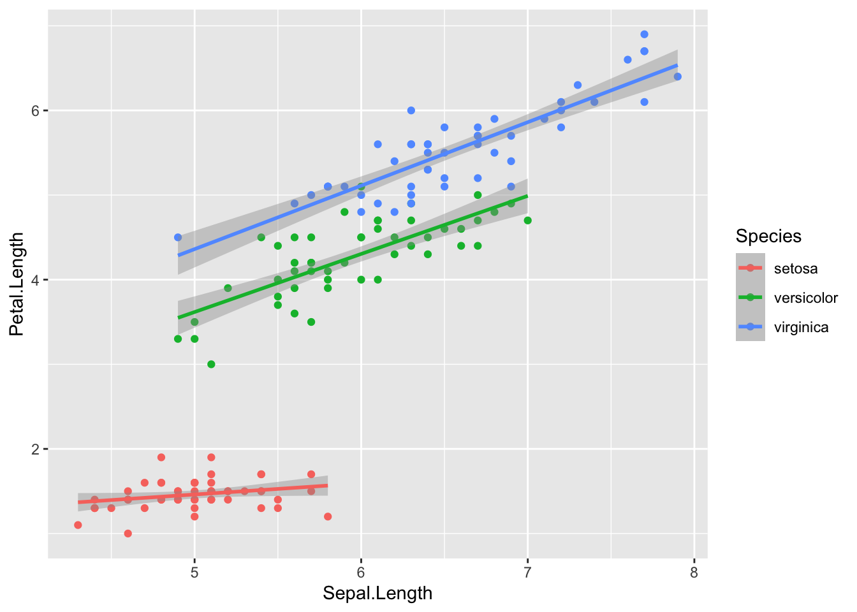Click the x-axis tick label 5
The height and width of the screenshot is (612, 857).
click(x=194, y=572)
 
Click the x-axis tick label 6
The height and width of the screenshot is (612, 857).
click(x=361, y=572)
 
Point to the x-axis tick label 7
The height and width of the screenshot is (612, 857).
click(x=527, y=572)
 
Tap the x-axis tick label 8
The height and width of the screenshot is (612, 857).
click(x=694, y=572)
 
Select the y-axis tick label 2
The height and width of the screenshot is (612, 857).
click(x=36, y=449)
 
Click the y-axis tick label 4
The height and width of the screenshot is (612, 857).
click(x=36, y=280)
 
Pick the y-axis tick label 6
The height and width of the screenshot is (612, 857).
click(x=36, y=110)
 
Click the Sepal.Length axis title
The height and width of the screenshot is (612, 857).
click(x=377, y=594)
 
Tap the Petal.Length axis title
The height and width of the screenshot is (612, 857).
click(x=17, y=284)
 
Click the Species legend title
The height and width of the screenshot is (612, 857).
click(x=768, y=237)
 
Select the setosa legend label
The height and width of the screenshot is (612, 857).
click(x=795, y=268)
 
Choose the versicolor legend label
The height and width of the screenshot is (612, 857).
click(x=805, y=298)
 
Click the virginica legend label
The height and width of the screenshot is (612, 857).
click(x=801, y=328)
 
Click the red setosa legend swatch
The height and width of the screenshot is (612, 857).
click(x=750, y=268)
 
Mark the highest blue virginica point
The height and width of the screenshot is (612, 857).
click(x=644, y=34)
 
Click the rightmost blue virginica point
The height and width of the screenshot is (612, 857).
click(x=677, y=76)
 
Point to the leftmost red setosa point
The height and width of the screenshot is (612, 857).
click(x=78, y=525)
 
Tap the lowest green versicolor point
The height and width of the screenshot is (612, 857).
click(x=211, y=364)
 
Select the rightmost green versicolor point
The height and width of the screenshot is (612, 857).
click(x=527, y=221)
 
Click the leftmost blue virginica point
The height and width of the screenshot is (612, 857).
click(x=178, y=237)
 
